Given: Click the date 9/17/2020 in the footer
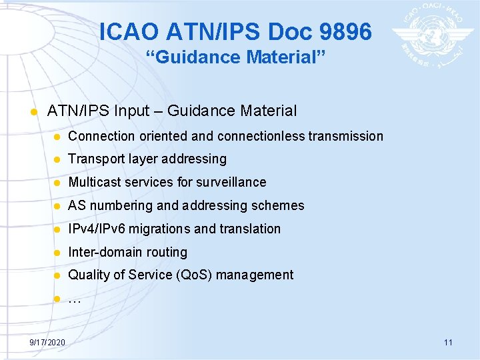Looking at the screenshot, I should tap(47, 342).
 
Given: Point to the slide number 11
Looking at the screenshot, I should tap(448, 342).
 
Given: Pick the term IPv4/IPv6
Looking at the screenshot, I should tap(97, 229).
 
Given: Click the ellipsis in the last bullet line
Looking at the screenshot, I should tap(75, 299).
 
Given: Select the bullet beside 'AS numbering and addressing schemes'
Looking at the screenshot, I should tap(57, 206).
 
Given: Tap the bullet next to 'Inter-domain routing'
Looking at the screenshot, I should tap(57, 253).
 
